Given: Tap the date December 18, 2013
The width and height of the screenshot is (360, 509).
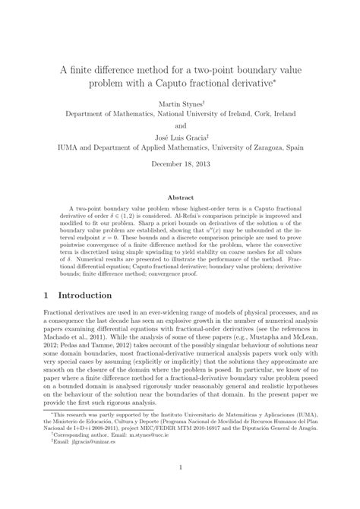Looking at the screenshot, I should tap(180, 165).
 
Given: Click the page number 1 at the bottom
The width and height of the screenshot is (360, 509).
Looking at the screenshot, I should tap(180, 490).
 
